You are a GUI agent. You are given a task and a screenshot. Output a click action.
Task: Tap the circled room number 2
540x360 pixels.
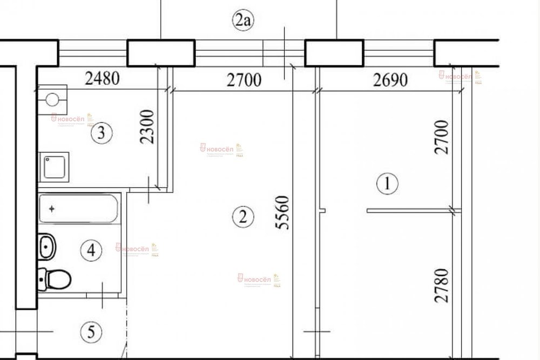[242, 217]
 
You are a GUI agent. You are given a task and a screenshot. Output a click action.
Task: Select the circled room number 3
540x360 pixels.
[101, 132]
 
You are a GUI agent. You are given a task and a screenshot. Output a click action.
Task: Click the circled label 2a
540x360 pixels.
[242, 22]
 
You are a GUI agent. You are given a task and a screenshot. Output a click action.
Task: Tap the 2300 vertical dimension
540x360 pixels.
[148, 127]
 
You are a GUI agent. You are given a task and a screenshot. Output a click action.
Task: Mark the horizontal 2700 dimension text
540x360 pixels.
[244, 81]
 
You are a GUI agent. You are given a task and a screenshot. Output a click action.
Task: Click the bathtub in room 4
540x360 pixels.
[79, 208]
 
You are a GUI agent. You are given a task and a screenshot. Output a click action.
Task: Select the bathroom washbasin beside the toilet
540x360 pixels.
[48, 247]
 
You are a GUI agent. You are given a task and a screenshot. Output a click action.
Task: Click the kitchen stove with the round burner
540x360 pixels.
[52, 99]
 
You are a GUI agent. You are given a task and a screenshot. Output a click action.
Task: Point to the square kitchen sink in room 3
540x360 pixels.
[55, 166]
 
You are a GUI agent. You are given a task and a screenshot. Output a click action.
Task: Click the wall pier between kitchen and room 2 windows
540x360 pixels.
[161, 53]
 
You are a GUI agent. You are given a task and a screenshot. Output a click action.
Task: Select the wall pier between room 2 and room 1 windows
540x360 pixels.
[334, 53]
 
